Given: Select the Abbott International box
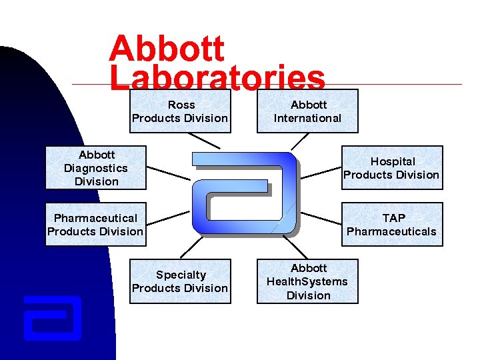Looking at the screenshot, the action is [307, 111].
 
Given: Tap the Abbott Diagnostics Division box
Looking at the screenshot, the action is [95, 168].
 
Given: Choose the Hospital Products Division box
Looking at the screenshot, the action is [392, 168].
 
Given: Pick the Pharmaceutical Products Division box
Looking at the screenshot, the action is [95, 225].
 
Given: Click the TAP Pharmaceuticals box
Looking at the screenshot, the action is [392, 225].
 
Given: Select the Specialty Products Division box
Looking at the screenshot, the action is [180, 281].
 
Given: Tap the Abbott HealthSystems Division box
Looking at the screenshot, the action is [307, 281].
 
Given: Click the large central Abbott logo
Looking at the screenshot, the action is [244, 193].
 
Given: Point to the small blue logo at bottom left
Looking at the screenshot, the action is [52, 318].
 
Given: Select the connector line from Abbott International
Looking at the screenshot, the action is [300, 141].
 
